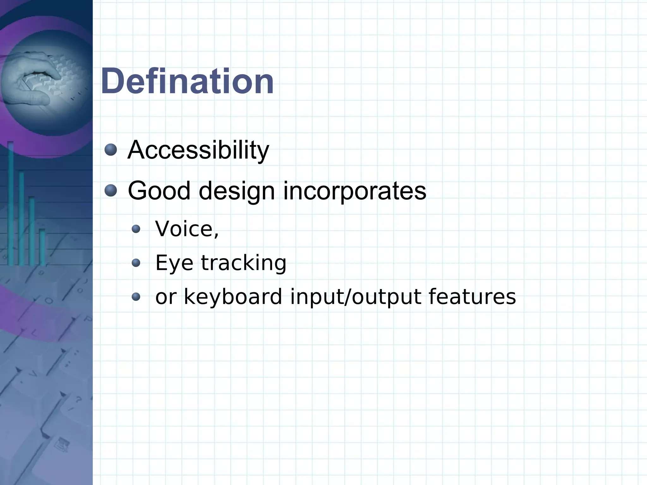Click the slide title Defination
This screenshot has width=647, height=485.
[x=187, y=82]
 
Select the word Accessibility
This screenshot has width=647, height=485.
[x=198, y=150]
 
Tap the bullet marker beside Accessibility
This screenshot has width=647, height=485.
[x=111, y=149]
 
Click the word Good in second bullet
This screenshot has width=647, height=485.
[x=159, y=191]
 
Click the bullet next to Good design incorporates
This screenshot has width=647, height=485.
[x=111, y=191]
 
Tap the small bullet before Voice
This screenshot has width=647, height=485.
[x=136, y=229]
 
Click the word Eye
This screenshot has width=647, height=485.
[x=174, y=263]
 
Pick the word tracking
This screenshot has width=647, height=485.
[x=244, y=263]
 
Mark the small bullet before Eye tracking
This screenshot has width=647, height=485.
[x=136, y=263]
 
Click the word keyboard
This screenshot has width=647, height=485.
[x=233, y=297]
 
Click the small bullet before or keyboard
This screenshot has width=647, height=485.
[x=136, y=297]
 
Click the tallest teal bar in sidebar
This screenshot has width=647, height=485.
[x=10, y=202]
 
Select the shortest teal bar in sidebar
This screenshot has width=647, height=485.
[x=42, y=246]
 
